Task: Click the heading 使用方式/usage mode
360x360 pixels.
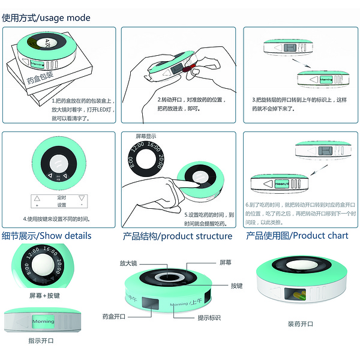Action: tap(46, 17)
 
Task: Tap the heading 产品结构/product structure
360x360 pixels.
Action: tap(178, 236)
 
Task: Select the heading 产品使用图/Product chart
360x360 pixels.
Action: tap(297, 235)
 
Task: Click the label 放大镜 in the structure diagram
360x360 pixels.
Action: tap(128, 263)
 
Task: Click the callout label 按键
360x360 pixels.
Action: tap(237, 286)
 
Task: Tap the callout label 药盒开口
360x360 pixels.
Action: tap(113, 316)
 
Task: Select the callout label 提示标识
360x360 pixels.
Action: tap(209, 317)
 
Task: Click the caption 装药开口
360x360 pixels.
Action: tap(300, 325)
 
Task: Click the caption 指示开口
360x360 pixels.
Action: tap(40, 341)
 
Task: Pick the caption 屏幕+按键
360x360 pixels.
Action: tap(44, 296)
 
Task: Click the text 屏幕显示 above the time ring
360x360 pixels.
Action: tap(146, 136)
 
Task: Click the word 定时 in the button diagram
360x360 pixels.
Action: tap(61, 197)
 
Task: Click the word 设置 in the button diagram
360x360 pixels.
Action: tap(61, 205)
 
